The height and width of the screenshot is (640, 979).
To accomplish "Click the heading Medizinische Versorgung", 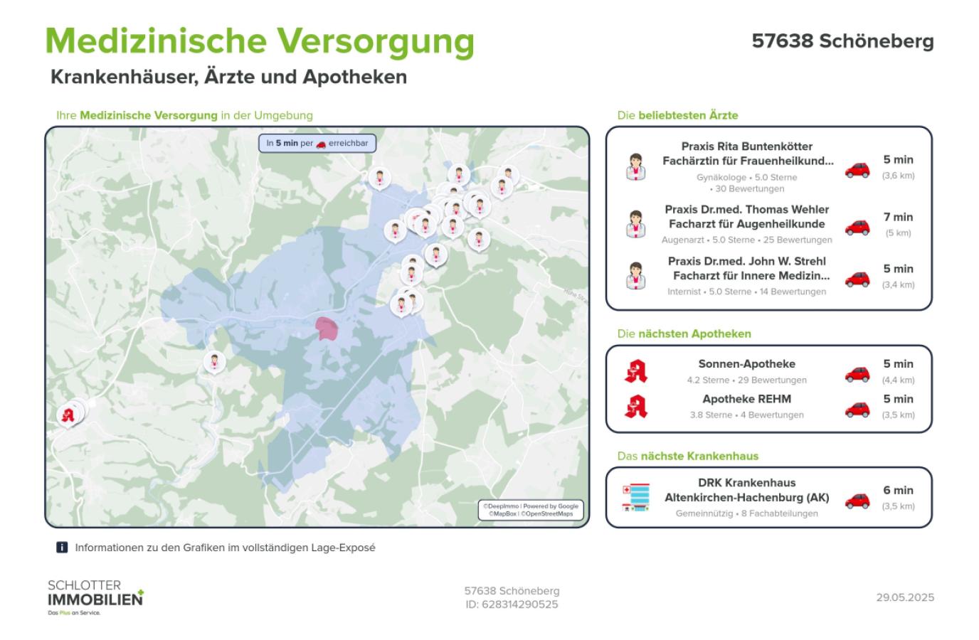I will point(259,41).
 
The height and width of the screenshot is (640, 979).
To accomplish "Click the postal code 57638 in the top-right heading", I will point(782,41).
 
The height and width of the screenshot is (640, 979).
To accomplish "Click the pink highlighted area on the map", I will point(327,329).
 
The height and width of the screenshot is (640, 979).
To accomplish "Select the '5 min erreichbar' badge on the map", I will point(317,143).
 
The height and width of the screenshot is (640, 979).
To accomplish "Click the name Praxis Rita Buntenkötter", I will point(746,146).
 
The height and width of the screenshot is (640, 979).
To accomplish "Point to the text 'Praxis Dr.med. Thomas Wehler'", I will point(746,210).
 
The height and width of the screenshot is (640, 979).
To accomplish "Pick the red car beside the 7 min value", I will point(857,227).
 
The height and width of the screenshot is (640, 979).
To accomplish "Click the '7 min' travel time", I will point(898,218).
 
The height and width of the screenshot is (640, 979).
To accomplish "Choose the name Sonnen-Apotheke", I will point(746,364).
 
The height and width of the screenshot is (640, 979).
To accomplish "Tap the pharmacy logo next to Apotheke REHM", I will point(635,406).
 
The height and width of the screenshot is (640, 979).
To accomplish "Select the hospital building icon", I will point(635,497).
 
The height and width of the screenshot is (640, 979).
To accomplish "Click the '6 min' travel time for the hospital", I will point(898,491).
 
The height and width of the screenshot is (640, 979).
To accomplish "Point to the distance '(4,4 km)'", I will point(898,380).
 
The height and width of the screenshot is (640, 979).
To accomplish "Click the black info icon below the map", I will point(62,548).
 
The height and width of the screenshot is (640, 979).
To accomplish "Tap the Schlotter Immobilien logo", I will point(95,597).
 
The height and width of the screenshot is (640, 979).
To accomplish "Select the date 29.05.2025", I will point(905,597).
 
